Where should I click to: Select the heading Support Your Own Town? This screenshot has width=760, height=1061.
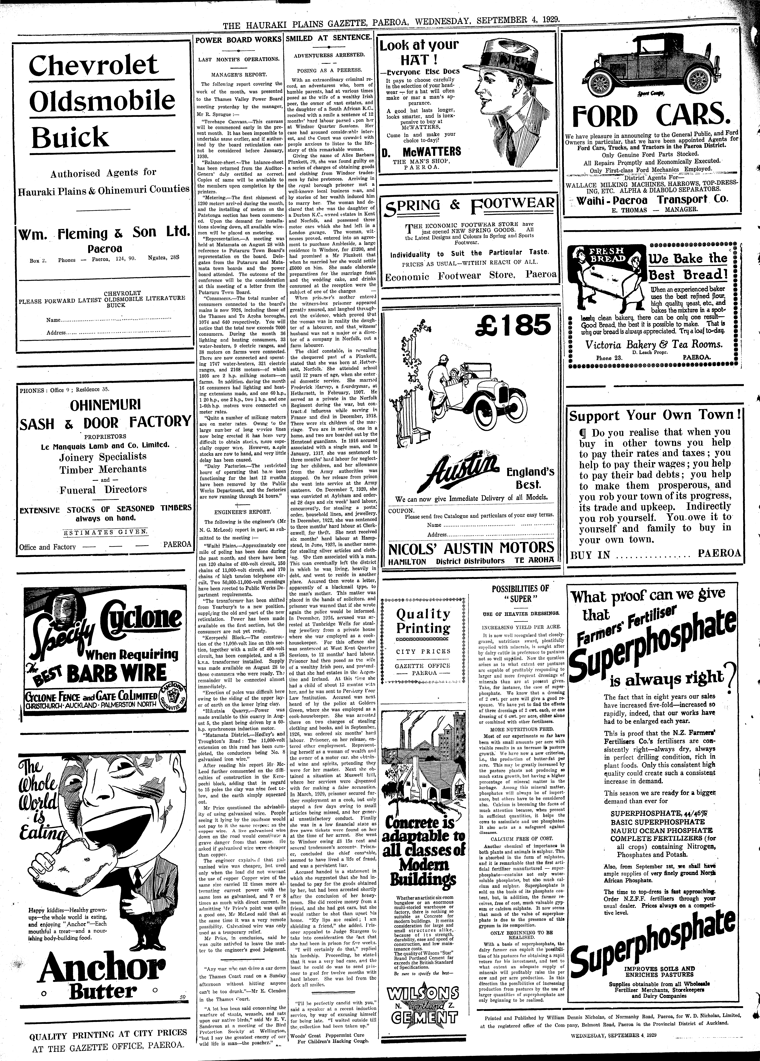click(654, 415)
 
